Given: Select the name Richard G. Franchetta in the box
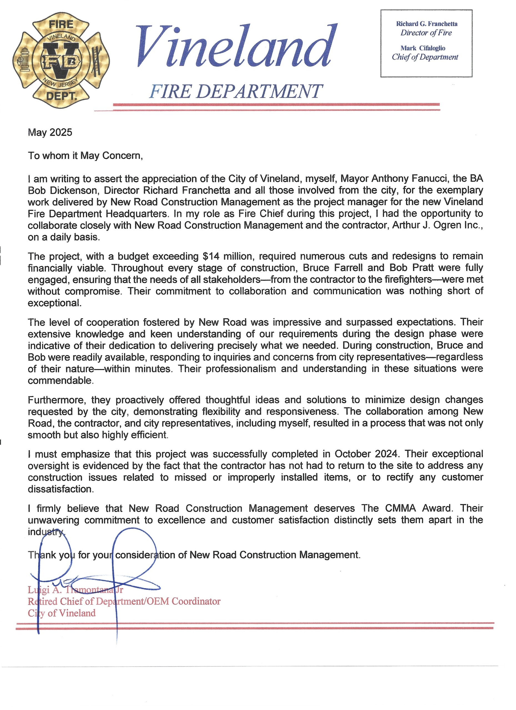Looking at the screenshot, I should [426, 24].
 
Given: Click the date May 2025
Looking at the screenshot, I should [50, 132].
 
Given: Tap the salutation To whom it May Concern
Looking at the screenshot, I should [85, 156].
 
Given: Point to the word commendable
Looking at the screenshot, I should [61, 381].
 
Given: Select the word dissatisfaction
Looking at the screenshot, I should [61, 489].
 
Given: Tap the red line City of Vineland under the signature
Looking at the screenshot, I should [62, 613].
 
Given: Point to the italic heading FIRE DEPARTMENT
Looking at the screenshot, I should [236, 92].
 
